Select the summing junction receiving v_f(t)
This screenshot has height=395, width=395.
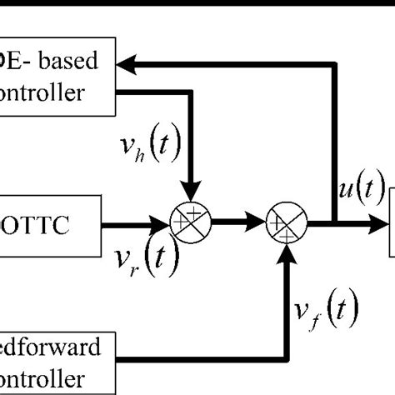point(287,222)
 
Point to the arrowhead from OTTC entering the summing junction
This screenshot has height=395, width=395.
point(163,222)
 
